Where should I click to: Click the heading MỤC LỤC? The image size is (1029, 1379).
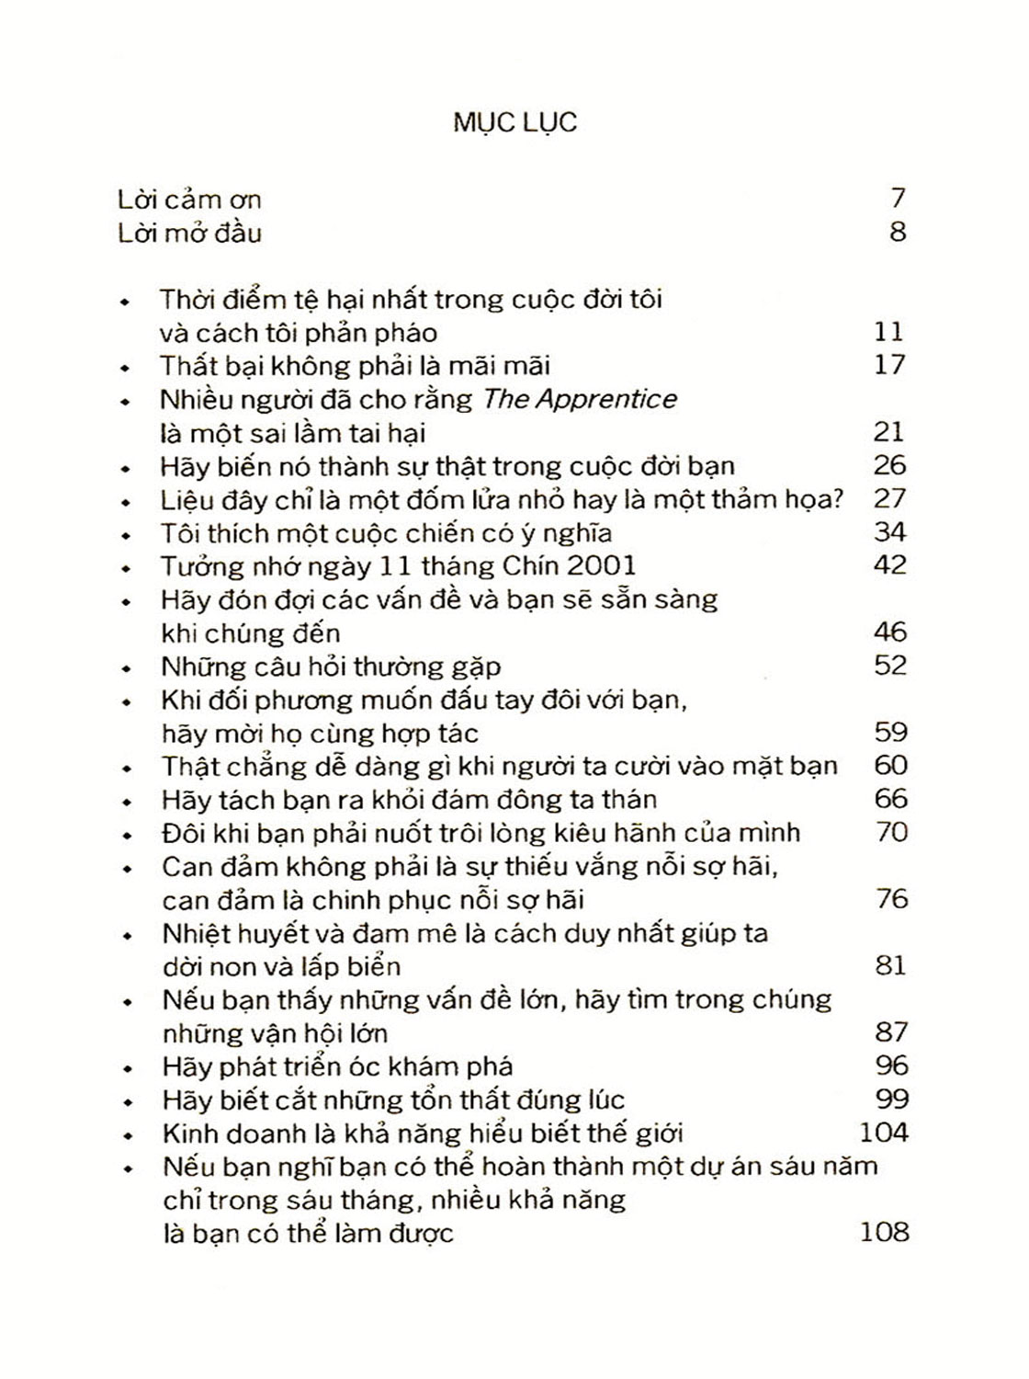[514, 123]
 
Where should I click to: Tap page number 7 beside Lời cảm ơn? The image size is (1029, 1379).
[898, 198]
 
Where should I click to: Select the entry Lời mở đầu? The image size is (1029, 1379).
[189, 233]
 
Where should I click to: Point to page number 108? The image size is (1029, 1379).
[884, 1231]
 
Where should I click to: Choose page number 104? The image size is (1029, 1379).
[883, 1132]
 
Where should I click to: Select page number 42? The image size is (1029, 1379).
[889, 564]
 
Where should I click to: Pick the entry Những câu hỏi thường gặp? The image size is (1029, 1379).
[331, 666]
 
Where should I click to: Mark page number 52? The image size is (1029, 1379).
[890, 665]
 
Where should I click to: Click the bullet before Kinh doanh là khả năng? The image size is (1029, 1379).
[128, 1135]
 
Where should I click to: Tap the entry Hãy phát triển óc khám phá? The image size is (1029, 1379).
[336, 1066]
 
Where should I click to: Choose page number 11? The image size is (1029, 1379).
[888, 332]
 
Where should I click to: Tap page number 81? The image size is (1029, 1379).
[889, 965]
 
